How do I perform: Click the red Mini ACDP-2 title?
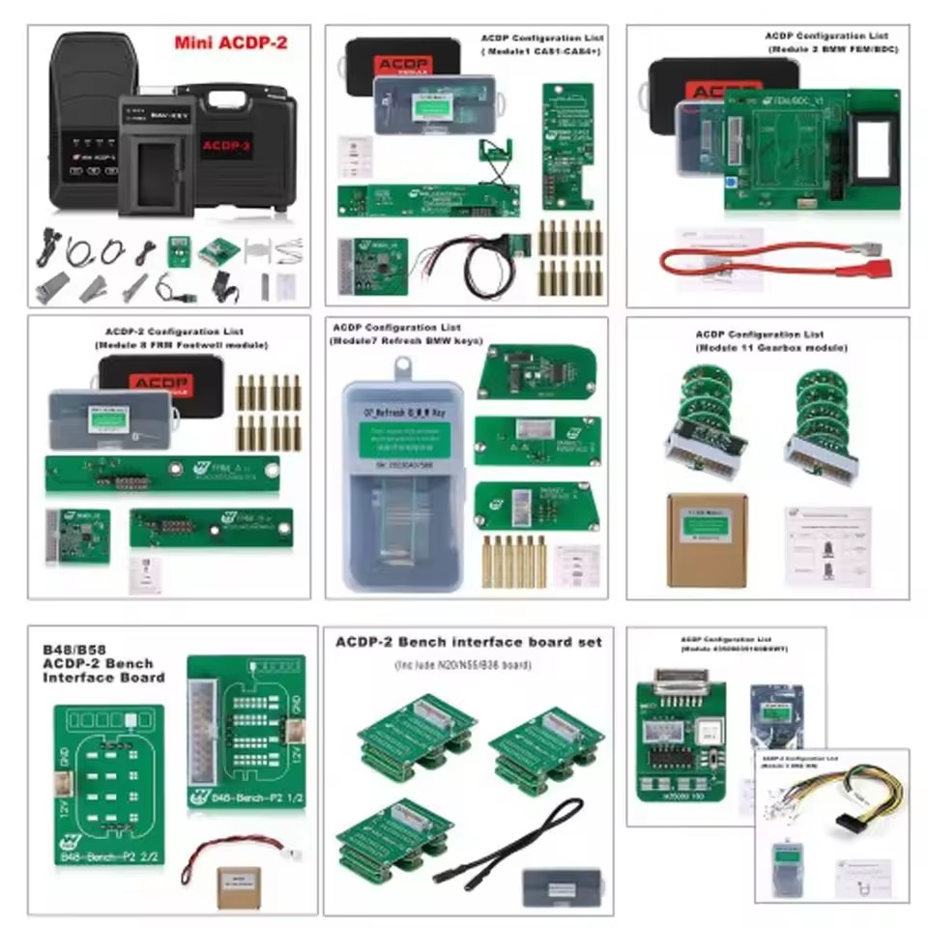coord(230,43)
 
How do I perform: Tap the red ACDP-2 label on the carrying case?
coord(227,147)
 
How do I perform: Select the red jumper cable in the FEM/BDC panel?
coord(773,259)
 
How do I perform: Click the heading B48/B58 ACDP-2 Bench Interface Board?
coord(103,664)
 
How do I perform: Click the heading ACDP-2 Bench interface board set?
coord(468,642)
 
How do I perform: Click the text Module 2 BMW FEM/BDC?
coord(833,47)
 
